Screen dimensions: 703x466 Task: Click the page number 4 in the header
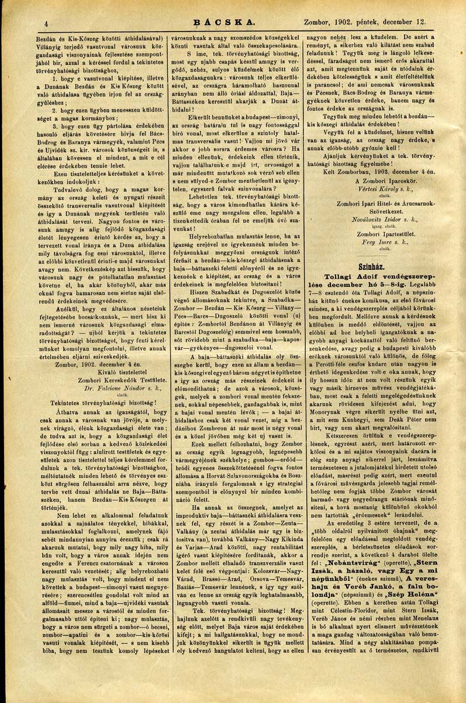45,23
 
